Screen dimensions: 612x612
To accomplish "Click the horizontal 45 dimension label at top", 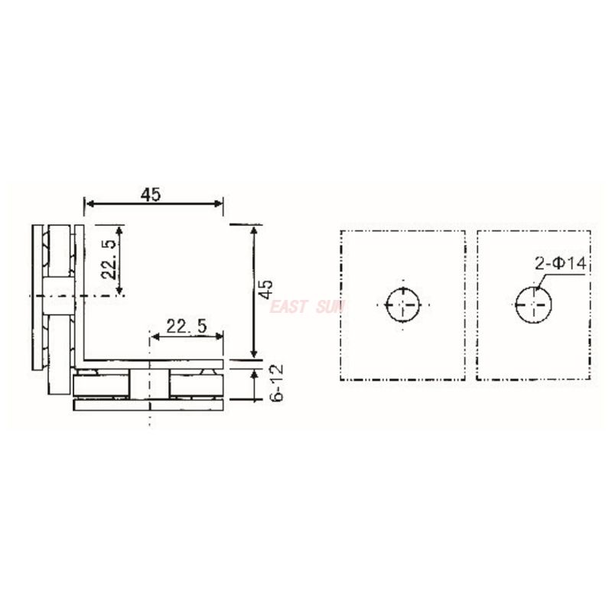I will coord(151,194).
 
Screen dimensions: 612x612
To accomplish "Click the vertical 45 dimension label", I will coord(265,289).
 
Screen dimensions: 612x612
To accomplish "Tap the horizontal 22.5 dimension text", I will coord(187,326).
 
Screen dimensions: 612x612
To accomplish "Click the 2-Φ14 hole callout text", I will coord(561,264).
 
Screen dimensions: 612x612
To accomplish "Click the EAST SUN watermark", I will coord(308,307).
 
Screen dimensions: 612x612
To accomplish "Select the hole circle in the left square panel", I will coord(403,304).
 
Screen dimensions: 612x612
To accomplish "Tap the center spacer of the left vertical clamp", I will coord(59,297).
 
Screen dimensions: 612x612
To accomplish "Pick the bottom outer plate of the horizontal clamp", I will coord(149,405).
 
